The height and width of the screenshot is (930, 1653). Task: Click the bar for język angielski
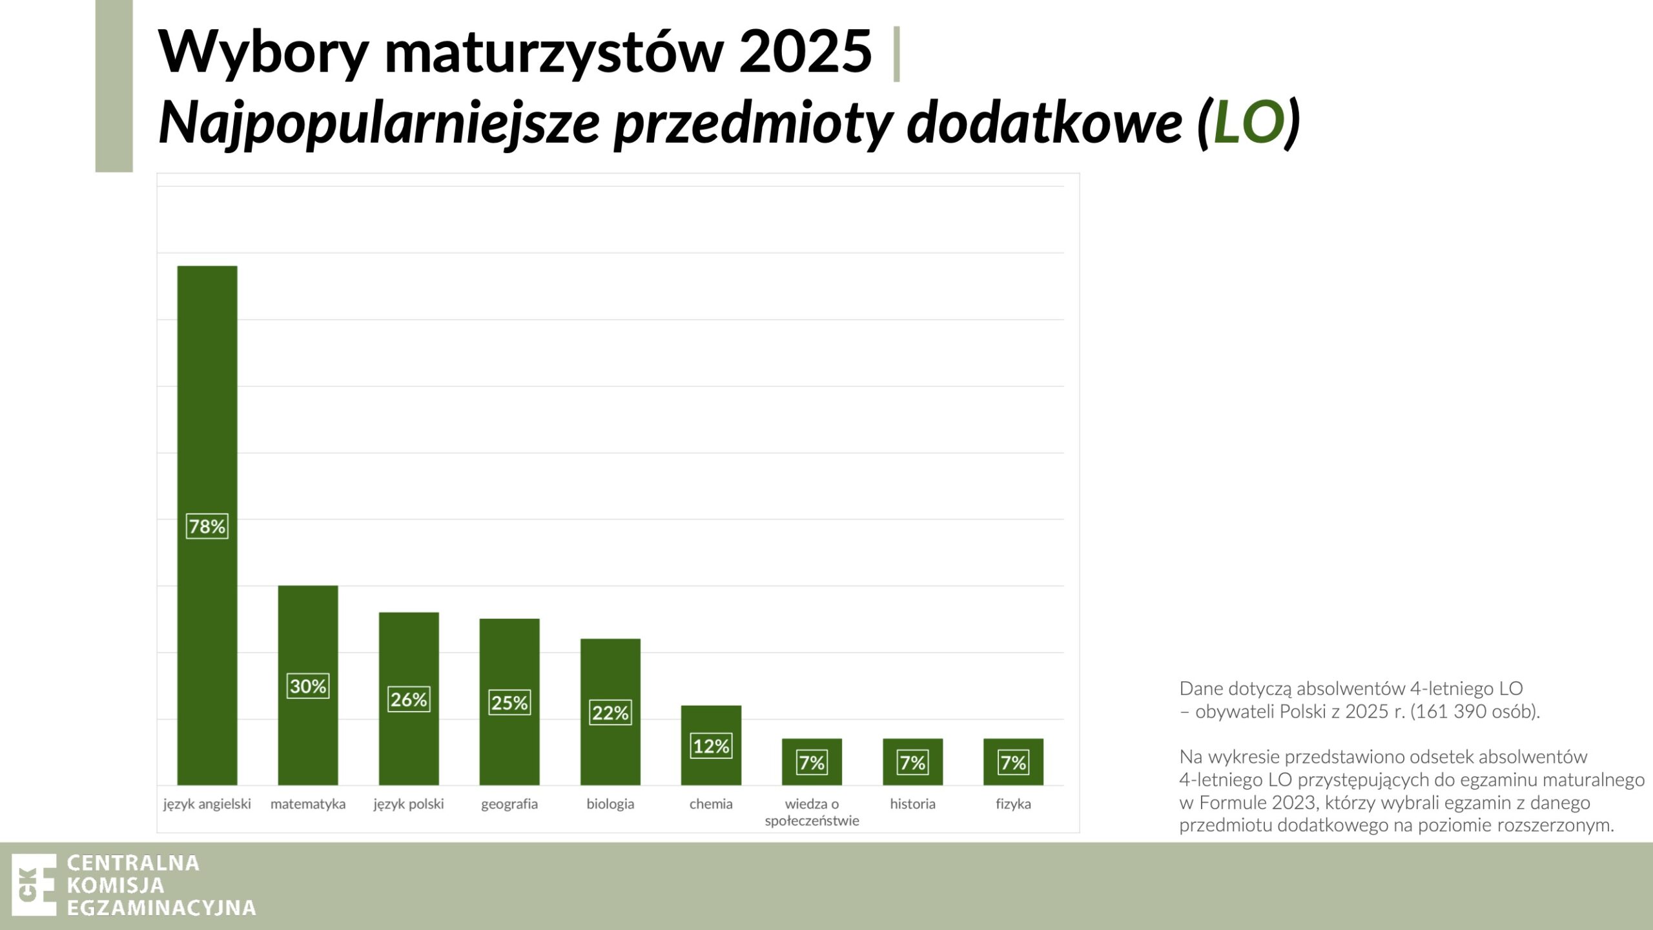click(x=207, y=525)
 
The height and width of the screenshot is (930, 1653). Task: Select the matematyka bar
click(x=308, y=685)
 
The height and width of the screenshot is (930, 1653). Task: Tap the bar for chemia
click(x=711, y=745)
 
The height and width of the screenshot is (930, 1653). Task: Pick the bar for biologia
click(x=610, y=712)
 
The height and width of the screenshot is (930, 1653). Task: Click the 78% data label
click(x=207, y=526)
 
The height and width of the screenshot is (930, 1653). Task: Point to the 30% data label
click(x=308, y=686)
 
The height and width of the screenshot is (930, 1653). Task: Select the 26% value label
click(x=409, y=699)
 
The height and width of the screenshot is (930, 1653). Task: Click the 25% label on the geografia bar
click(x=509, y=703)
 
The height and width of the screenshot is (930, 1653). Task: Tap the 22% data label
click(x=610, y=713)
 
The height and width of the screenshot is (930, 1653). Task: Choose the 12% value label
click(x=711, y=746)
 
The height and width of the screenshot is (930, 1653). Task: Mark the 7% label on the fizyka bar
click(x=1013, y=763)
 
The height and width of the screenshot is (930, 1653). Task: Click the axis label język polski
click(x=409, y=805)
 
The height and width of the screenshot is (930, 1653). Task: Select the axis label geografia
click(x=509, y=805)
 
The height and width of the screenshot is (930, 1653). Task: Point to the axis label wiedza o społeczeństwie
click(x=812, y=812)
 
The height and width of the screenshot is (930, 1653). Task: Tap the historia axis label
click(x=912, y=804)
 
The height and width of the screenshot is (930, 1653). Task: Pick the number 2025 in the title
click(x=805, y=51)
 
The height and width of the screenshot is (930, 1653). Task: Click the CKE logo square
click(x=34, y=885)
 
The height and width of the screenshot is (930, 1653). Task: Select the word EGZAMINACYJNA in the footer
click(x=161, y=907)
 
